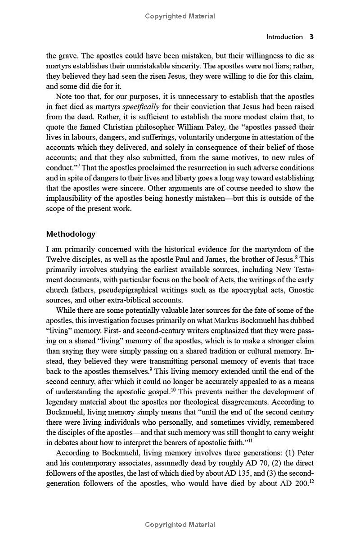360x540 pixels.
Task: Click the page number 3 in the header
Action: click(x=311, y=37)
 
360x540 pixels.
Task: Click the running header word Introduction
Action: click(x=284, y=37)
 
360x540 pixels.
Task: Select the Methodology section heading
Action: click(x=71, y=234)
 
